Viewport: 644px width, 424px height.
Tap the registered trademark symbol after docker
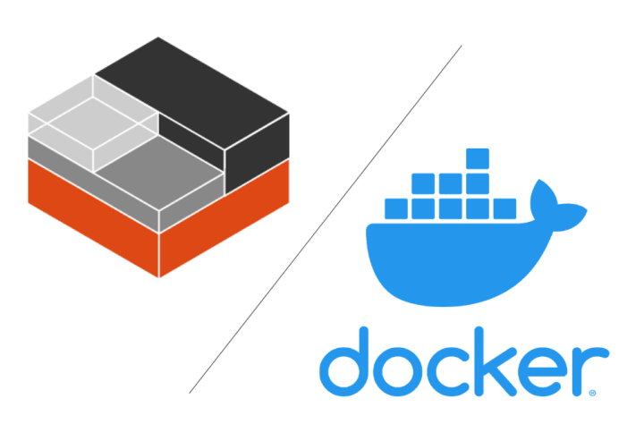pyautogui.click(x=592, y=393)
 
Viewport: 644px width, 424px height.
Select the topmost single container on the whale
pyautogui.click(x=478, y=158)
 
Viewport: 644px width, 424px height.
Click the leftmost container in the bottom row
pyautogui.click(x=396, y=208)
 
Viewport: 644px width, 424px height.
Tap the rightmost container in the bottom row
pyautogui.click(x=504, y=208)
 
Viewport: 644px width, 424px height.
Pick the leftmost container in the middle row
pyautogui.click(x=423, y=183)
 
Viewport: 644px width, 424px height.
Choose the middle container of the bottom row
pyautogui.click(x=451, y=208)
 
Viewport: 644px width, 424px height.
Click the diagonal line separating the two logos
pyautogui.click(x=326, y=219)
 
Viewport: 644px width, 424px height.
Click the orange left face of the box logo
pyautogui.click(x=93, y=217)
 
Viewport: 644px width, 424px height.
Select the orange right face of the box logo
pyautogui.click(x=225, y=217)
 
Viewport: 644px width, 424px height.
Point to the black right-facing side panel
pyautogui.click(x=257, y=152)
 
